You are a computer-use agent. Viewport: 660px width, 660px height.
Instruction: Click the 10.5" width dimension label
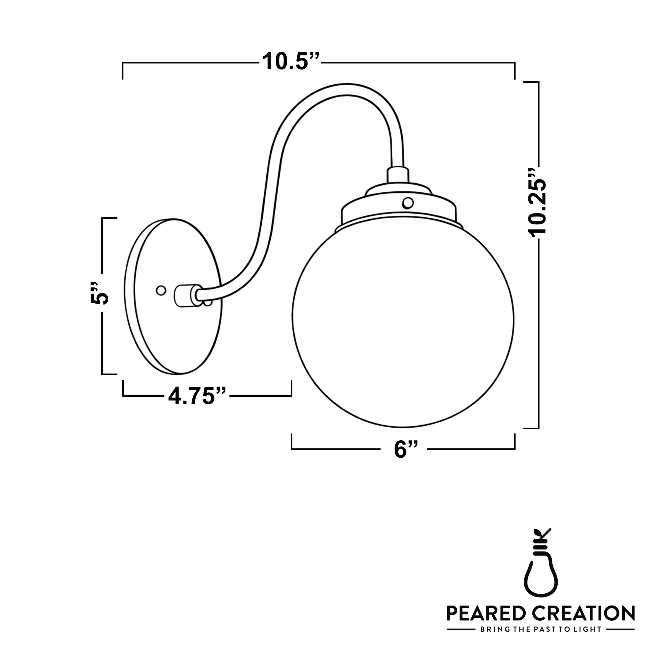tap(291, 62)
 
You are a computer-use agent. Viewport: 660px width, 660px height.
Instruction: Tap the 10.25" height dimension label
tap(537, 202)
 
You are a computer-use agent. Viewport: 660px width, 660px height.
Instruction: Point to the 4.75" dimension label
tap(197, 396)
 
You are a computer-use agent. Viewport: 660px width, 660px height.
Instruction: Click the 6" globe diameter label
tap(406, 449)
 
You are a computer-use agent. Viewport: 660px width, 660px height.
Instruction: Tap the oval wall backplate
tap(173, 296)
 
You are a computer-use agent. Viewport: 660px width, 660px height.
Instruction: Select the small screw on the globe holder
tap(408, 203)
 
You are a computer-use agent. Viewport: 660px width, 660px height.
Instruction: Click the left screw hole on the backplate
tap(161, 290)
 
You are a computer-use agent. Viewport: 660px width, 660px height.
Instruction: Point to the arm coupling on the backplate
tap(187, 295)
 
